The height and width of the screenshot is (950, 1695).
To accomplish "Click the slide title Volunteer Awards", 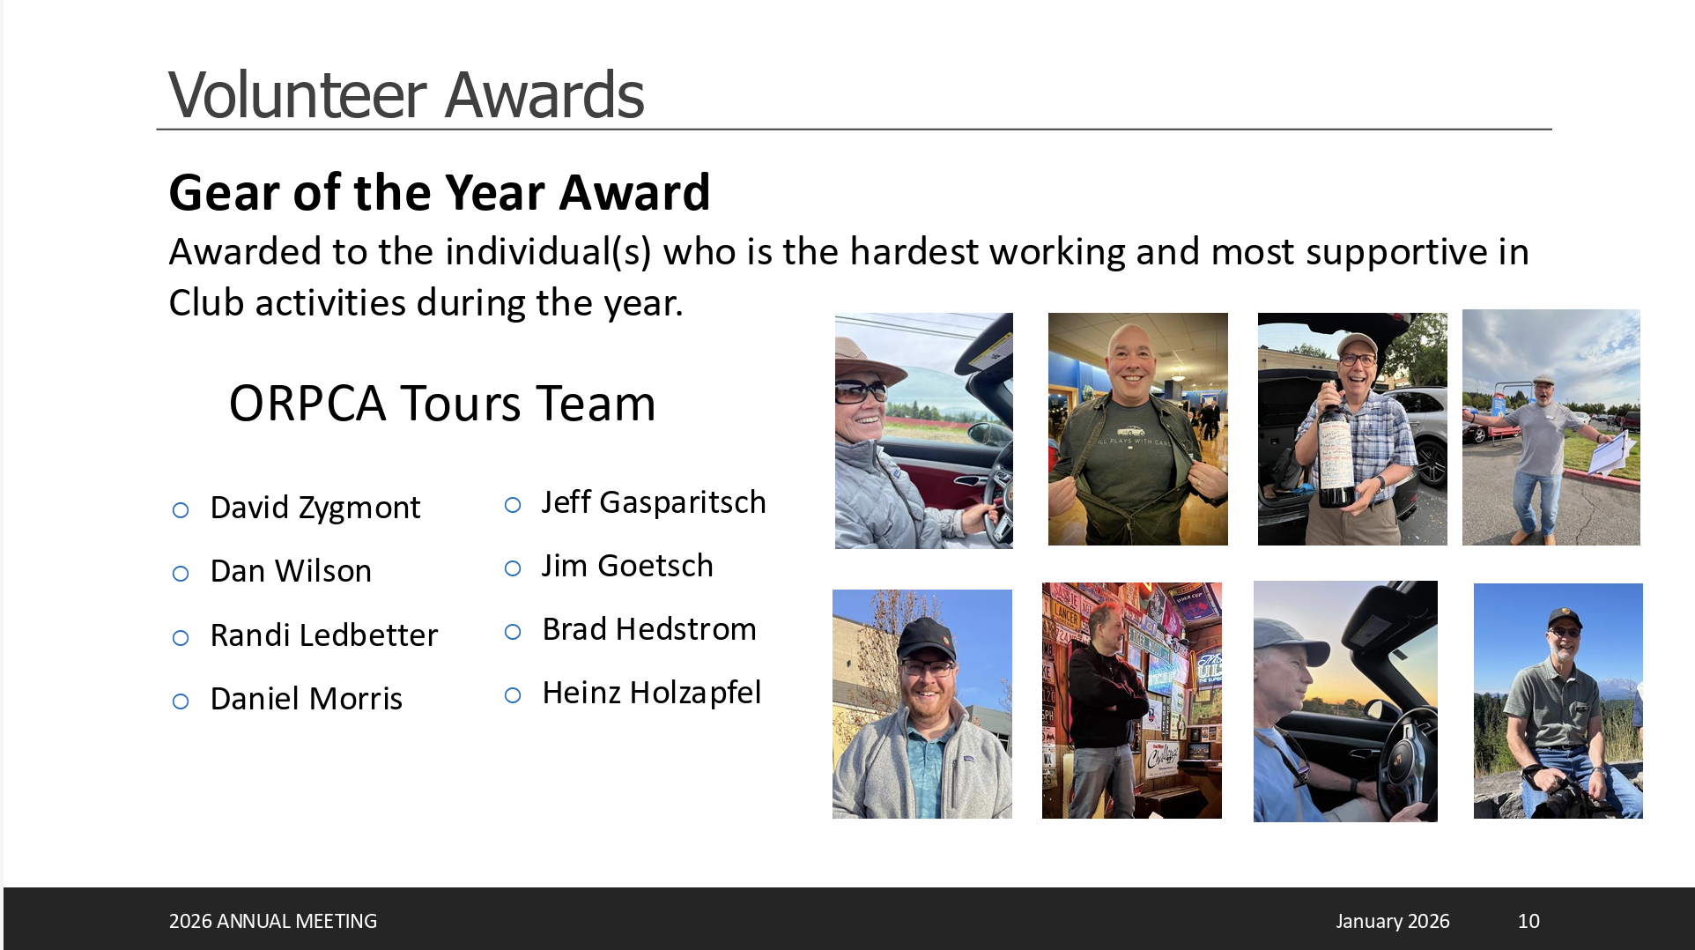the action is (406, 94).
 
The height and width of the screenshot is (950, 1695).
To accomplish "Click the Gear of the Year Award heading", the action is (440, 192).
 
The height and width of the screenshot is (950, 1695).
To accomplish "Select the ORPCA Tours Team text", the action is (442, 404).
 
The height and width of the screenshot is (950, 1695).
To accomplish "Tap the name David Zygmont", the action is (315, 508).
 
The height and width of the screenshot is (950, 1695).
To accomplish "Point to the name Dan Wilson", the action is (291, 571).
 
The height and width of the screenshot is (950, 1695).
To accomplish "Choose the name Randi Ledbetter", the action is (324, 635).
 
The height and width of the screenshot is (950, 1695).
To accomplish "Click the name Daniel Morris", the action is (307, 699).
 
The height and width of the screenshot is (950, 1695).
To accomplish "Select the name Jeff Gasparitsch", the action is (654, 502).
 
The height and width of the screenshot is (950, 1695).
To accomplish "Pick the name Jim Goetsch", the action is (627, 566).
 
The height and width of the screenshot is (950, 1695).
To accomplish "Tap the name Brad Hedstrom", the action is (649, 629).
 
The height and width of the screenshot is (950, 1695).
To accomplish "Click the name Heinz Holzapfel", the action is (652, 693).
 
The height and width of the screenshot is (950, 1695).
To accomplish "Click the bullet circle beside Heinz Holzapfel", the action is (513, 695).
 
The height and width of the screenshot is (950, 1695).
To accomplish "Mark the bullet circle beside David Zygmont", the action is (181, 510).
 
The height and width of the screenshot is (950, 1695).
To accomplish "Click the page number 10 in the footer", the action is (1528, 921).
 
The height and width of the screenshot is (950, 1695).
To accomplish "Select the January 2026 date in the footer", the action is (1393, 921).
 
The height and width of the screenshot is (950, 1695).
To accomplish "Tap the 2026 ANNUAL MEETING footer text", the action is (273, 921).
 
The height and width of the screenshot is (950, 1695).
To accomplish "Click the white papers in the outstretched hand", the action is (1612, 453).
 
